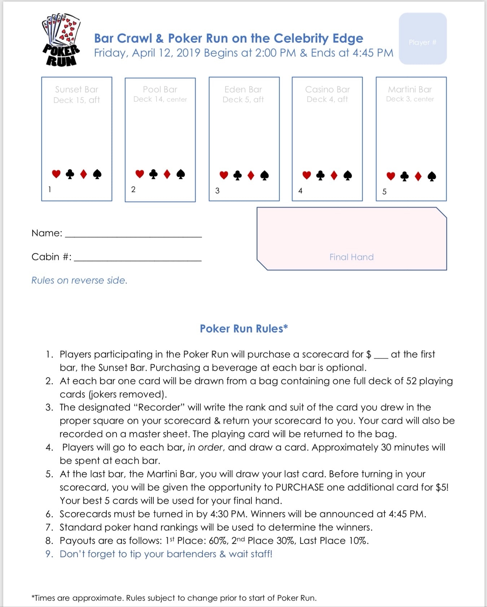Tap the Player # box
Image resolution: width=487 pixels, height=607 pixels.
[422, 39]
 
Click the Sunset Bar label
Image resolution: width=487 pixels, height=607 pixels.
[76, 89]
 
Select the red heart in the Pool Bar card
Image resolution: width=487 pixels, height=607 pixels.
[140, 174]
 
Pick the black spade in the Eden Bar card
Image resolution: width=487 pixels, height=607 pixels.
[264, 175]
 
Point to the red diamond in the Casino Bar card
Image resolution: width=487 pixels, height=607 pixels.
[334, 175]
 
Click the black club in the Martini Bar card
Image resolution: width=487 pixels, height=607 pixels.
[404, 176]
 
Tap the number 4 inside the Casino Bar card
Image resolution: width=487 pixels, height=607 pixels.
[300, 191]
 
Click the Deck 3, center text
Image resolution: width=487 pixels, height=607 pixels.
[410, 99]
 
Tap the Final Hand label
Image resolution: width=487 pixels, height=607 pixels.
[351, 257]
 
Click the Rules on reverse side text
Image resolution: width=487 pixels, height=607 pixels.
[79, 280]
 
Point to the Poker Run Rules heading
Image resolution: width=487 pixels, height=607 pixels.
[243, 328]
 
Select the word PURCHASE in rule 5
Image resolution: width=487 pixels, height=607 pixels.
[299, 487]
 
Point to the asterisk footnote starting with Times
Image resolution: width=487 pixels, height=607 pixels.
[174, 598]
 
